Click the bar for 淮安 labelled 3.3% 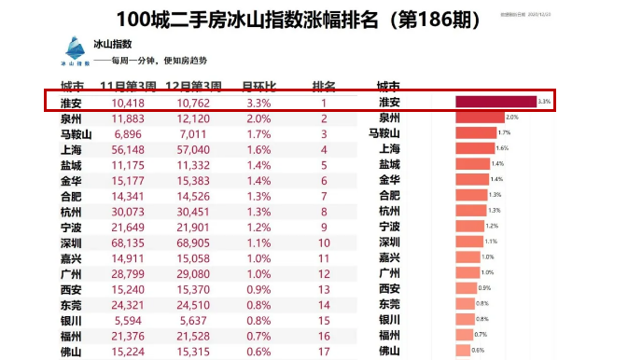point(495,102)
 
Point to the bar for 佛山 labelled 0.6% point(463,351)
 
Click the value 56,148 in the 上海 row point(129,149)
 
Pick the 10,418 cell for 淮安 point(127,103)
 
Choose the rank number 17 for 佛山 point(324,352)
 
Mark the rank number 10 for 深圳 point(324,242)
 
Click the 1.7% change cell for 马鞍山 point(258,133)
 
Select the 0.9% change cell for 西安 point(258,289)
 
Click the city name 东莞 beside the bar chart point(389,304)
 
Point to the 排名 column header point(324,86)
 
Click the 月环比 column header point(258,86)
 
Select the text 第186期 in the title point(431,19)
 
